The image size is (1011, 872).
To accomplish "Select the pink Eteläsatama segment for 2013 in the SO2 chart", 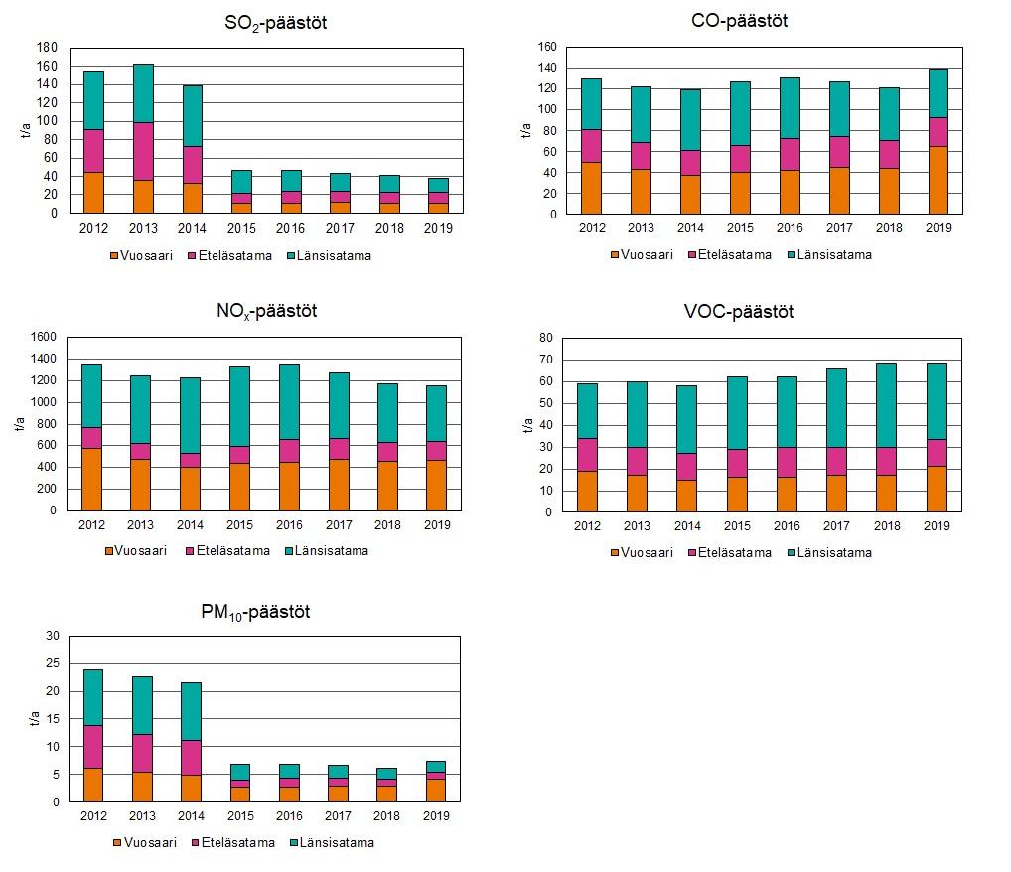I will [143, 151].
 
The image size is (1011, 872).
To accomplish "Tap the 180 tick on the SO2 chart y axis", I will [46, 47].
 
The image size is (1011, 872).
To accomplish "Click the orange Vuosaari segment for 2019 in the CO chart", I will [938, 180].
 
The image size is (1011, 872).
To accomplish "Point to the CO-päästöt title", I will [739, 21].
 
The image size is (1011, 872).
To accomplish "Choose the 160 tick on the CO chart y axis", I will [546, 47].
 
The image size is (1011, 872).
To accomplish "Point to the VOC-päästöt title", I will [739, 313].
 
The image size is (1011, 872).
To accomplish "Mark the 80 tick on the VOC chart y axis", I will [545, 338].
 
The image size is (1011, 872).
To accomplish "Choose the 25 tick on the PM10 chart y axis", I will [53, 663].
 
